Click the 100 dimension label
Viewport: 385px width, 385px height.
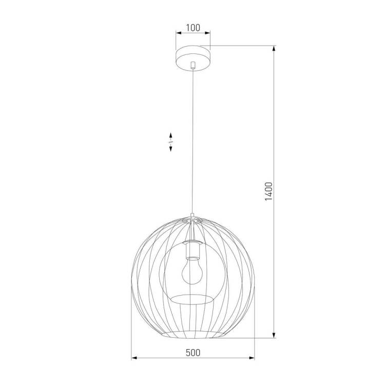193,28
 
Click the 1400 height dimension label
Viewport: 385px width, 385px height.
269,191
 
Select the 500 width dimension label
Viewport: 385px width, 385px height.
193,353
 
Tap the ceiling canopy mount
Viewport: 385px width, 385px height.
193,58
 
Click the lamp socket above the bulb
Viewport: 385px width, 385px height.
193,249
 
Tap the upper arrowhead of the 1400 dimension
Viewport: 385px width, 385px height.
274,48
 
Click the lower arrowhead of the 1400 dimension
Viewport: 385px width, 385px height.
274,335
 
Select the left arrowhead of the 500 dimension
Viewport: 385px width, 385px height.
134,358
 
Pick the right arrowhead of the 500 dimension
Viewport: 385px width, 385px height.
252,358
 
